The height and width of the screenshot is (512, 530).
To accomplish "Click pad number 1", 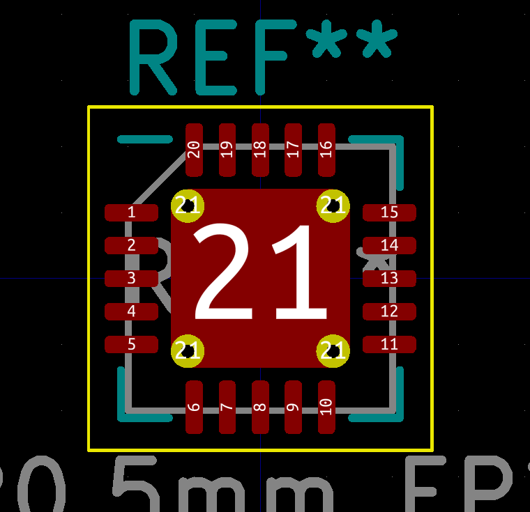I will point(131,212).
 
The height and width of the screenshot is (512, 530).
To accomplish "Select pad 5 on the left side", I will point(131,344).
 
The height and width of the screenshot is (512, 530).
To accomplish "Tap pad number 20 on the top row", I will point(194,150).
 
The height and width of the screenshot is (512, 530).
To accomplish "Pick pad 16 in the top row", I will point(326,150).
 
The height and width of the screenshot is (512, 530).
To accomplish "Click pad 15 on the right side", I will point(389,212).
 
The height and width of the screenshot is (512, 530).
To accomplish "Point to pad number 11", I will point(389,344).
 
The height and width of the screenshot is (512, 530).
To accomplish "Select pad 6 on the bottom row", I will point(194,407).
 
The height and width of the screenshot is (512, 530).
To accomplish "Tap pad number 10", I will point(326,407).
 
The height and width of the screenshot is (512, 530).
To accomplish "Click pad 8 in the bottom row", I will point(260,407).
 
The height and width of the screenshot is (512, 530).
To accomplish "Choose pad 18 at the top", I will point(260,150).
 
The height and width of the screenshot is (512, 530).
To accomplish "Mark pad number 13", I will point(389,279).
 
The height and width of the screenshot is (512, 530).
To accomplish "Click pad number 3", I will point(131,279).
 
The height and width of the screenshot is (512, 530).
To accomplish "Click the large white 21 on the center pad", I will point(260,273).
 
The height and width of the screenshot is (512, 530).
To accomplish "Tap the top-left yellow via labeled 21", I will point(187,206).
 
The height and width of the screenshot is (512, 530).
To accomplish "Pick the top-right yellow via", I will point(333,206).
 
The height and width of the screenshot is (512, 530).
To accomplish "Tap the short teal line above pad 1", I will point(145,139).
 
